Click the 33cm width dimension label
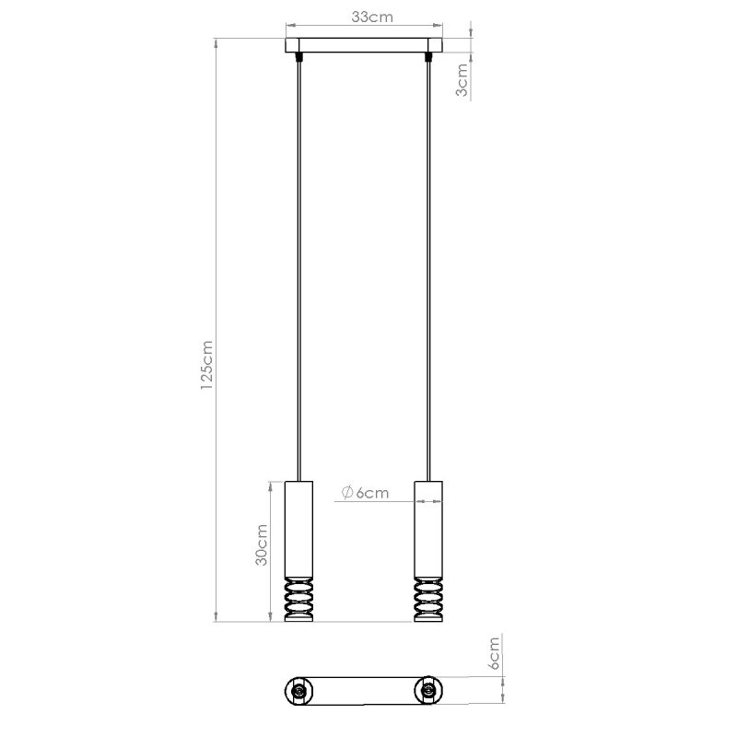click(364, 16)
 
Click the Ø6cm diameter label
click(364, 493)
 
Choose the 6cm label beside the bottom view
click(494, 652)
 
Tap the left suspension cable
click(298, 276)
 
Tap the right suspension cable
click(428, 276)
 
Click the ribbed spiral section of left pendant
click(298, 600)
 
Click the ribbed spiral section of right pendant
click(428, 600)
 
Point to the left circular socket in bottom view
click(298, 690)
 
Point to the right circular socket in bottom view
click(428, 690)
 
